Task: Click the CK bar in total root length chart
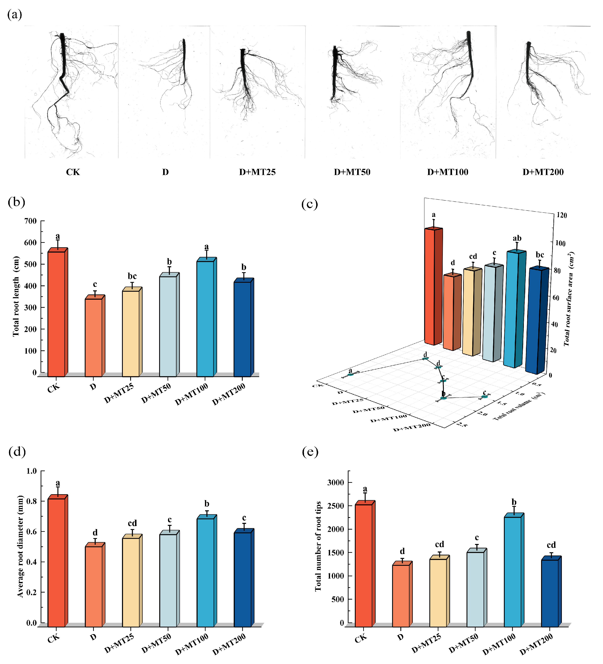pos(56,313)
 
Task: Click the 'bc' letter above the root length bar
pos(132,276)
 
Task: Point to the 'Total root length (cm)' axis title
pos(16,296)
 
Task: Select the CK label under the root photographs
pos(73,172)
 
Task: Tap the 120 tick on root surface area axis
pos(561,215)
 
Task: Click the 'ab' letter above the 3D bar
pos(517,238)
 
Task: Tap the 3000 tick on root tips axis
pos(336,482)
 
